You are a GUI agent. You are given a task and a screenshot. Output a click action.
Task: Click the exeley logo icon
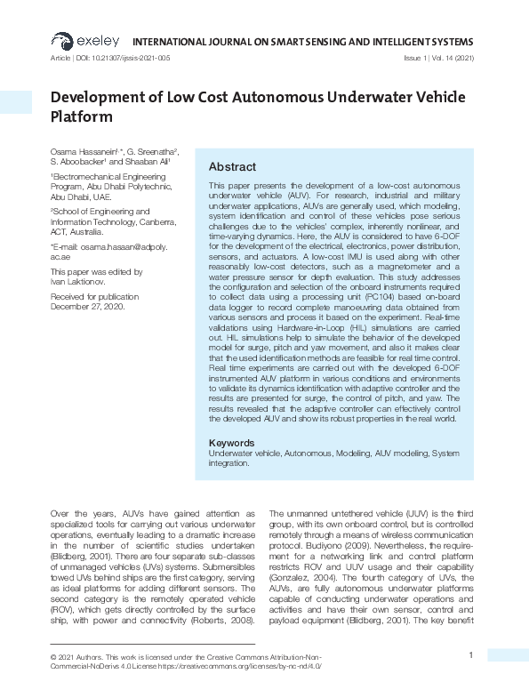61,40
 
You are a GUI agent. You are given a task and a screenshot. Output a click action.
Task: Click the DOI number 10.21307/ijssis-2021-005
131,58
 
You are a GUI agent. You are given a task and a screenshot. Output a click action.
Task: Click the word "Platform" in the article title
82,116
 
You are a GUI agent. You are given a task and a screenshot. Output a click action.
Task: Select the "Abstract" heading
232,166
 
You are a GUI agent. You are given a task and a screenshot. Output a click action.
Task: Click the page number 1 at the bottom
469,655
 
